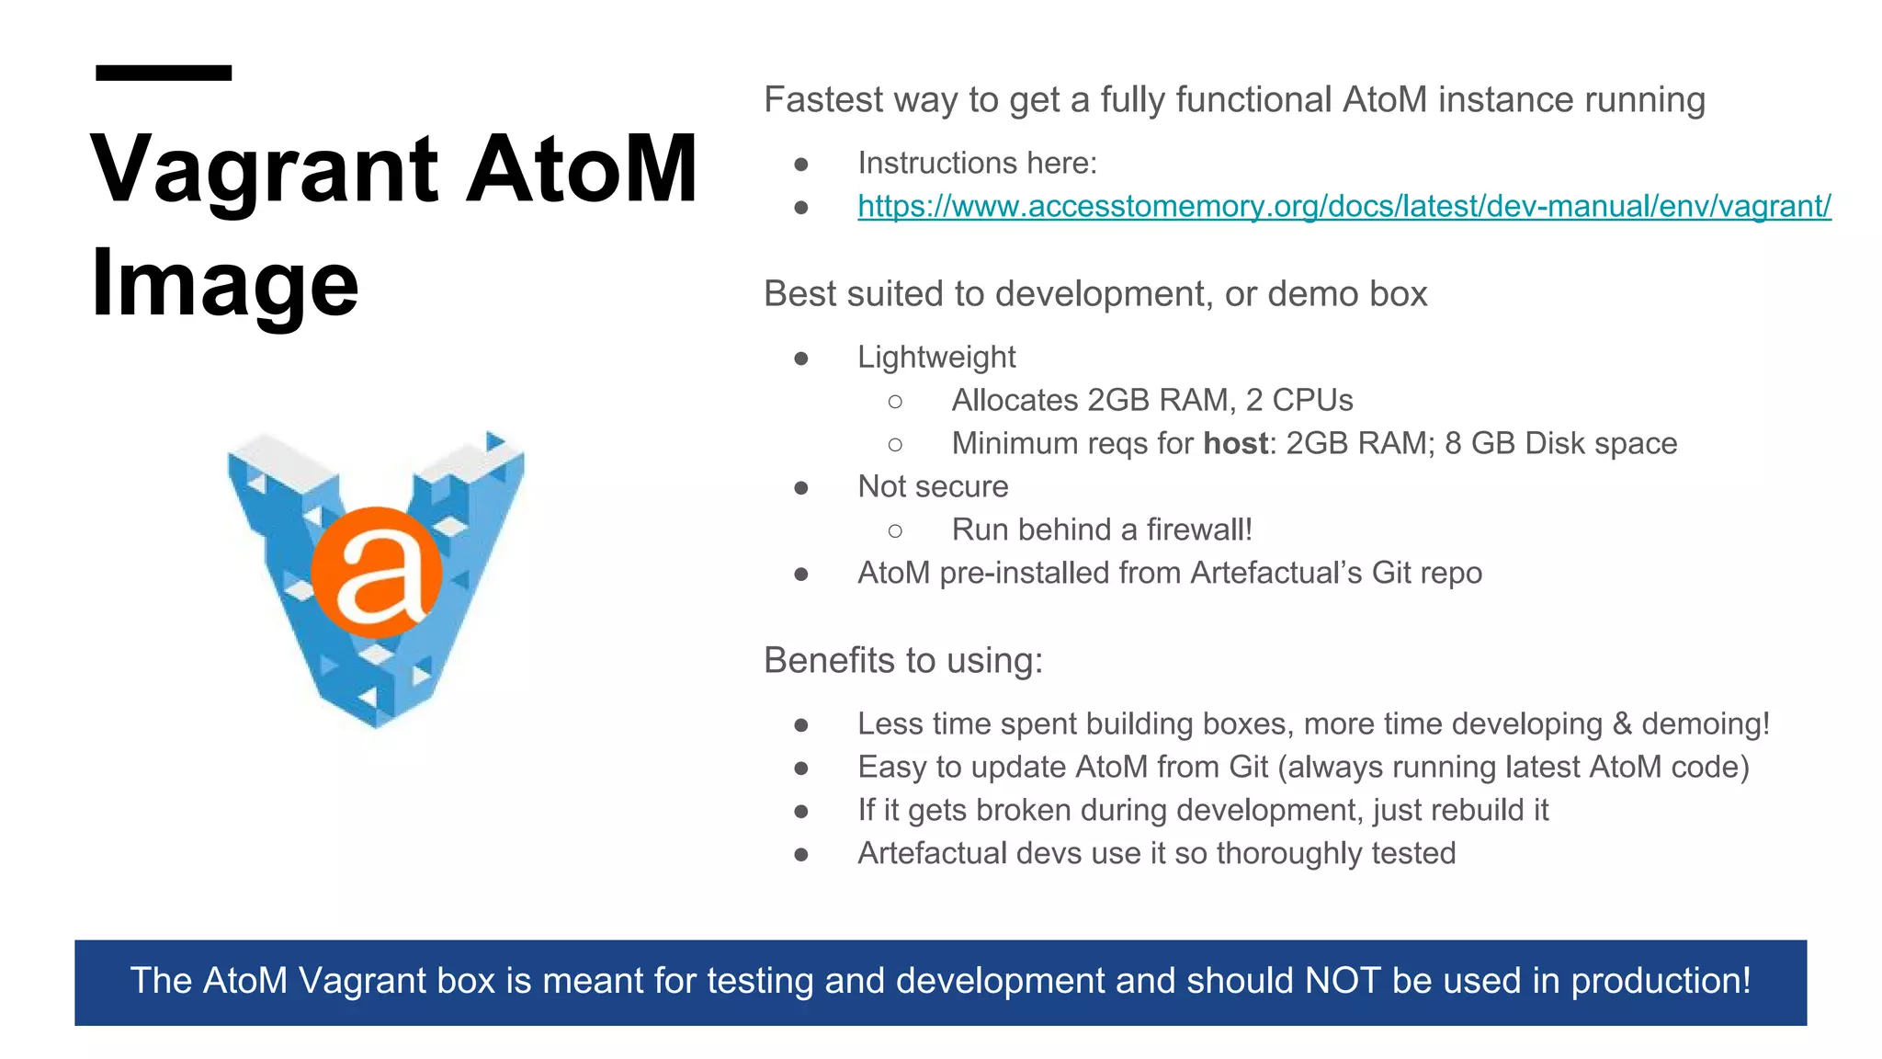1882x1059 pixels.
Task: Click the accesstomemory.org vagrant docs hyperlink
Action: click(1343, 206)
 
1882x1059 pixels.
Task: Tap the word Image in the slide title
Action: click(224, 284)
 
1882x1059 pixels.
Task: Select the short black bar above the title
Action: click(164, 73)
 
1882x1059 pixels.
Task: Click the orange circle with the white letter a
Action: click(377, 572)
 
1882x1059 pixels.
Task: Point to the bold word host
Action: click(1235, 444)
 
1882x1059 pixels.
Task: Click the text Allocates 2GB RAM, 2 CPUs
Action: click(1151, 401)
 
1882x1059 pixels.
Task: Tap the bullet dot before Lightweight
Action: click(801, 359)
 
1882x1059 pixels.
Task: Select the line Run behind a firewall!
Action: click(1101, 530)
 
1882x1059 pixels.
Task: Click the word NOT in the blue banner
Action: click(1343, 981)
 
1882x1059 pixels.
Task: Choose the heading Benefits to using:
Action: click(903, 661)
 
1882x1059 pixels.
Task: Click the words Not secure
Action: click(932, 487)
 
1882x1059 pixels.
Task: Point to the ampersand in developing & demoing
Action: click(1622, 724)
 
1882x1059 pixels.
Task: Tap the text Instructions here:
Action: click(977, 164)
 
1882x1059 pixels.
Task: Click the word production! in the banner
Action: click(1661, 981)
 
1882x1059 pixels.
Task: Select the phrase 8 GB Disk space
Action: click(1560, 444)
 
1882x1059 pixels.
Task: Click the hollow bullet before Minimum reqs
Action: click(895, 445)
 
